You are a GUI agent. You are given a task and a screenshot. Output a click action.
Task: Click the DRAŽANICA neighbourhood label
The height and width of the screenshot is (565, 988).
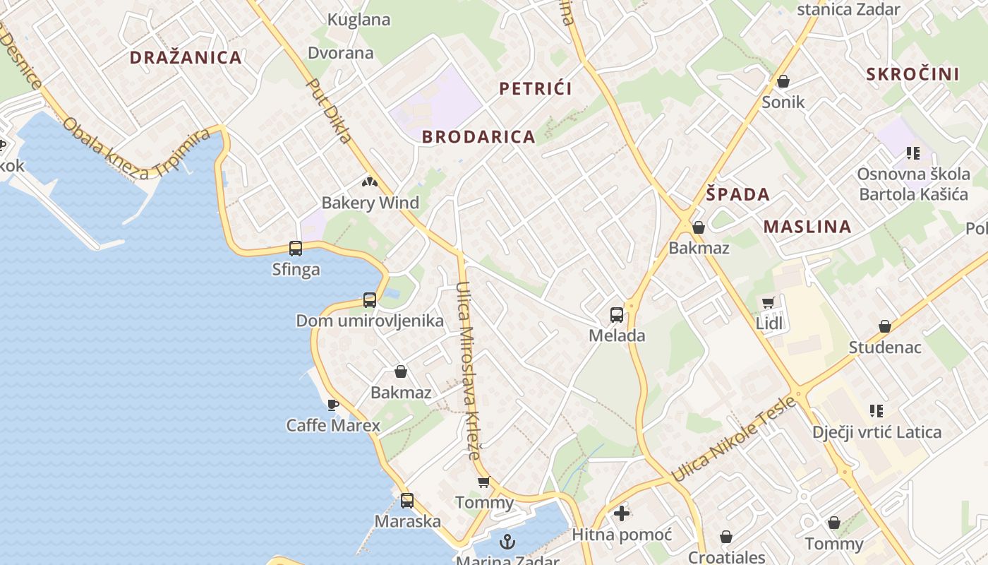click(186, 58)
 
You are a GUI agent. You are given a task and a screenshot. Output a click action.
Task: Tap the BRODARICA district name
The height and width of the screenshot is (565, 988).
click(478, 137)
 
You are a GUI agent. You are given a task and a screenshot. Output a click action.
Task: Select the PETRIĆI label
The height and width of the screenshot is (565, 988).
click(535, 88)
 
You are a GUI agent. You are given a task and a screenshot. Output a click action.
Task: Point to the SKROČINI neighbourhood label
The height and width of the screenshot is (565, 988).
click(912, 74)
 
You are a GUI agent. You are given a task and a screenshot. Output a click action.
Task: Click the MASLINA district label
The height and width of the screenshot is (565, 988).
click(807, 227)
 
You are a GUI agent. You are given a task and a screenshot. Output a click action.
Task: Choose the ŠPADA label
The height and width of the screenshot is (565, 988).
click(737, 194)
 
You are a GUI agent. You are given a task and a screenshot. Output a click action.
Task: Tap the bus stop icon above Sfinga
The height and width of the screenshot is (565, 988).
click(296, 249)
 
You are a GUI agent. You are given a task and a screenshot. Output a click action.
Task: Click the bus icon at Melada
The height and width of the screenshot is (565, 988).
click(617, 315)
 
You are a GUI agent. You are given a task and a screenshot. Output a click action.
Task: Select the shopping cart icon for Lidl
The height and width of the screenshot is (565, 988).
click(769, 303)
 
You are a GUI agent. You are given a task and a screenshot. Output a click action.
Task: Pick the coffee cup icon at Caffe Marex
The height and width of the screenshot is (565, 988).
click(333, 405)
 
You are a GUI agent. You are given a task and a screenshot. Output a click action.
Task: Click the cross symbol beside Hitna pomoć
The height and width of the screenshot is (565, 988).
click(622, 513)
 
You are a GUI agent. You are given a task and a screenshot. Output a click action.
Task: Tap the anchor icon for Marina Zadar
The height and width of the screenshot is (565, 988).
click(507, 542)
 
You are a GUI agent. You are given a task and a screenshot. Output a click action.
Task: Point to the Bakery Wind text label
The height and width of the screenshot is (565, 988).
click(370, 203)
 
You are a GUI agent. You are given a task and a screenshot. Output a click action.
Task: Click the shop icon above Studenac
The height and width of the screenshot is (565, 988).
click(884, 326)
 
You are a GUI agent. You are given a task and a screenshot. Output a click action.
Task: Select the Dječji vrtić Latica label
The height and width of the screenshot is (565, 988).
click(876, 432)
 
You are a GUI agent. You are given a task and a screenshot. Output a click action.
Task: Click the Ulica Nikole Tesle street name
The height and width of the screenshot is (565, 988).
click(734, 439)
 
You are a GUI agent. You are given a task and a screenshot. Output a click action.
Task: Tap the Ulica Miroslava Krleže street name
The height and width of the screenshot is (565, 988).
click(468, 371)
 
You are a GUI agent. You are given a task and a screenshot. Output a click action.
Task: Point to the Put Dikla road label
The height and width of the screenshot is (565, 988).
click(329, 111)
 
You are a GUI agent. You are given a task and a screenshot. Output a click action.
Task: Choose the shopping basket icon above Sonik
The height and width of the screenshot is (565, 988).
click(783, 82)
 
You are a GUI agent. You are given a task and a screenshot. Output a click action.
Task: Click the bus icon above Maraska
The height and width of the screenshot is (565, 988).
click(407, 501)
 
